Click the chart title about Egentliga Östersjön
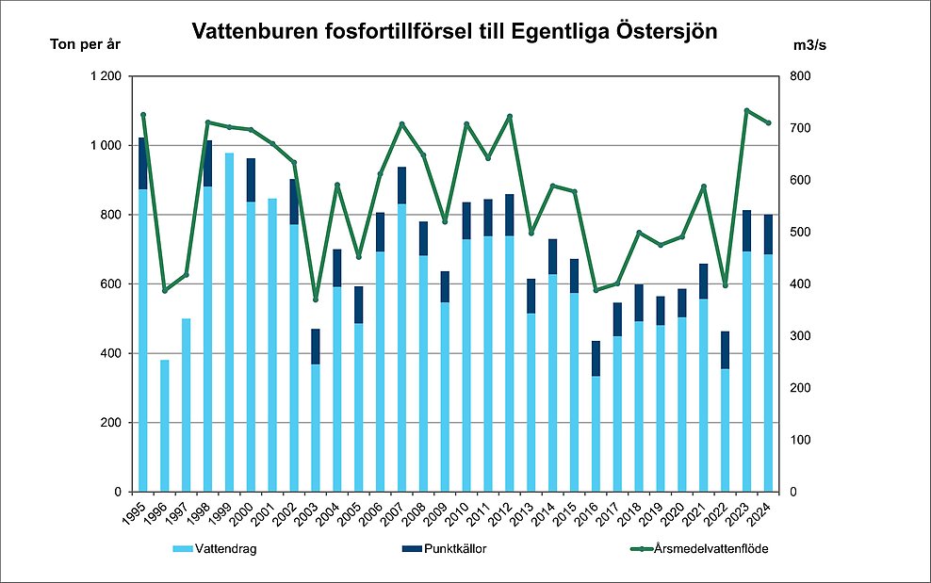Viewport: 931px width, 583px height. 454,31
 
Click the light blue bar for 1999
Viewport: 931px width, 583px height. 229,320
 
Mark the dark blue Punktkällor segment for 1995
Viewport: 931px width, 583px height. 143,163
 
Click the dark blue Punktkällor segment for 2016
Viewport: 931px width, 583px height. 596,358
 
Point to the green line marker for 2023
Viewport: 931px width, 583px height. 746,110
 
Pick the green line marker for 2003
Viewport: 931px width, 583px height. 315,300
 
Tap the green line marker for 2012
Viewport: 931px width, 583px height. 510,117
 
